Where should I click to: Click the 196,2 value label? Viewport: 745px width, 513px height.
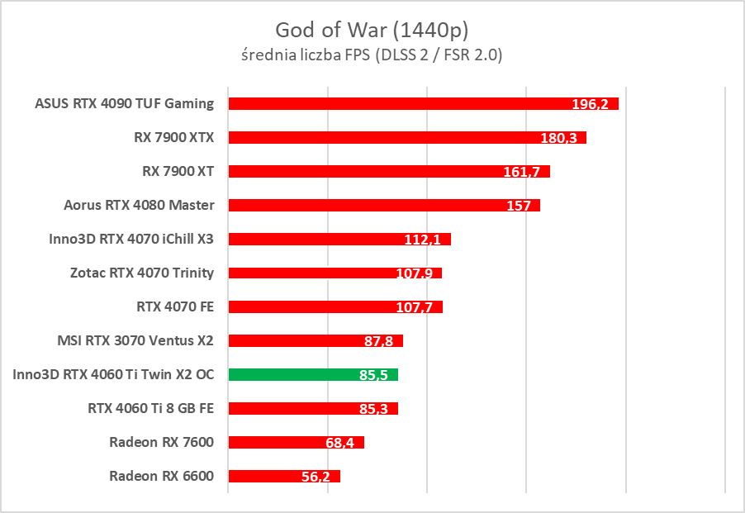coord(590,104)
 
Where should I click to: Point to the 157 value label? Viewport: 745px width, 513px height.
coord(519,206)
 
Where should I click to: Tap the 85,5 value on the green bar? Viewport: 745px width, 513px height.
coord(374,375)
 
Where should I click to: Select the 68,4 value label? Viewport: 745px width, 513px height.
coord(340,444)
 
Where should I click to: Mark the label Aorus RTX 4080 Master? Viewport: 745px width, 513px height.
coord(139,205)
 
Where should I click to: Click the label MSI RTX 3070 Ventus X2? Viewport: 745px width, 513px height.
coord(135,340)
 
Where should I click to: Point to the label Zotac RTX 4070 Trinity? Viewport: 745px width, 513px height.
coord(141,273)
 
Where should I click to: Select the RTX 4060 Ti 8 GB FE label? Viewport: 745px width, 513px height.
coord(150,408)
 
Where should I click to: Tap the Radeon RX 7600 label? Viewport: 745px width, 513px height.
coord(161,442)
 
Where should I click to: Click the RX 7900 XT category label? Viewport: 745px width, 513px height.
coord(178,171)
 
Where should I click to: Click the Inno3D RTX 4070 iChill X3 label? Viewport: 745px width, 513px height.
coord(131,239)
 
